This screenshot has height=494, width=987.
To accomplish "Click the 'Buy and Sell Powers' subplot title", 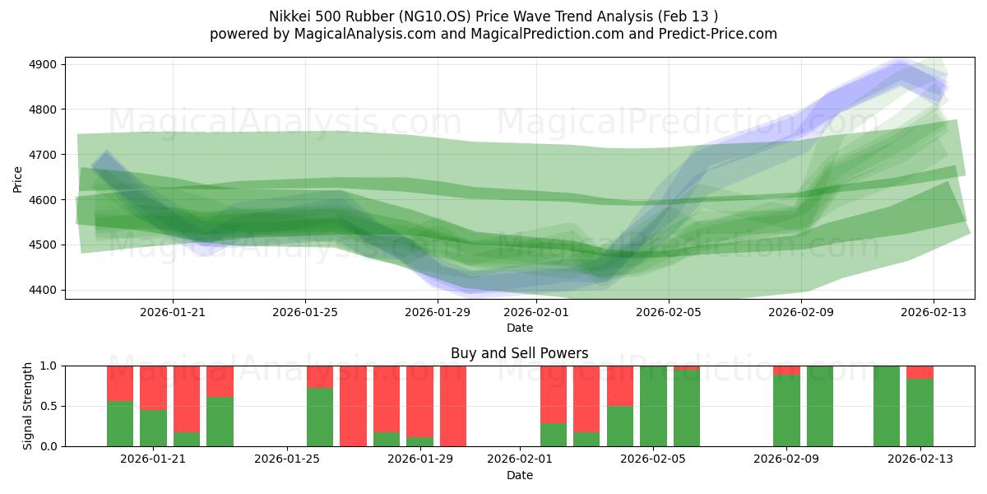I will click(x=519, y=353).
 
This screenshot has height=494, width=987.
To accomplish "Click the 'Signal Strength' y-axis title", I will click(x=28, y=406).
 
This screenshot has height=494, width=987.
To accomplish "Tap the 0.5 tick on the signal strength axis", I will click(x=49, y=406).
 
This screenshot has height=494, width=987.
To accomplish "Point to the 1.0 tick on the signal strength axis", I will click(x=49, y=366).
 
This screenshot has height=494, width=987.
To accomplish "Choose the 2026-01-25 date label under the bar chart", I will click(x=288, y=459).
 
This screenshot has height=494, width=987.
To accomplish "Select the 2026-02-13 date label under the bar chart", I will click(x=920, y=459).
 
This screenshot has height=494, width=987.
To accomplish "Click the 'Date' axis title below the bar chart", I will click(x=519, y=475).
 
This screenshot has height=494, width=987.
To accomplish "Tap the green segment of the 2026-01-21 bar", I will click(x=153, y=428).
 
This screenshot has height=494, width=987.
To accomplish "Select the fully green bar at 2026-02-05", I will click(x=653, y=406).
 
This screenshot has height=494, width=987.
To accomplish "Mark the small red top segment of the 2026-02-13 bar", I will click(x=920, y=372).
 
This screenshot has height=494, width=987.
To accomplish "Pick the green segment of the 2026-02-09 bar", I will click(x=786, y=412).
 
